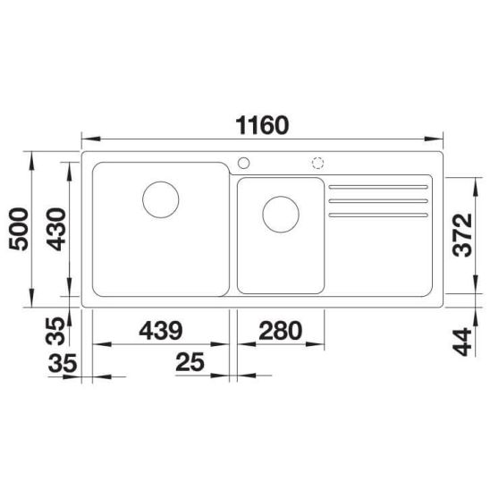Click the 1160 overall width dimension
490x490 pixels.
(x=262, y=125)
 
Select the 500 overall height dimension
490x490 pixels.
(x=19, y=229)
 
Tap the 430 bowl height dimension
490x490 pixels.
(x=56, y=230)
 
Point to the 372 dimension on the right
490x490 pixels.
(x=462, y=235)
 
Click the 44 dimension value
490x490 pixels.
(x=462, y=342)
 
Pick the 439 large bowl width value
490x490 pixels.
(x=161, y=331)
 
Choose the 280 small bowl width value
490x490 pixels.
(x=281, y=331)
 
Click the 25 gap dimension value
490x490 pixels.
(x=190, y=362)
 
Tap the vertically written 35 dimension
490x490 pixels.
(x=55, y=331)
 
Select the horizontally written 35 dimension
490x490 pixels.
(x=63, y=363)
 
